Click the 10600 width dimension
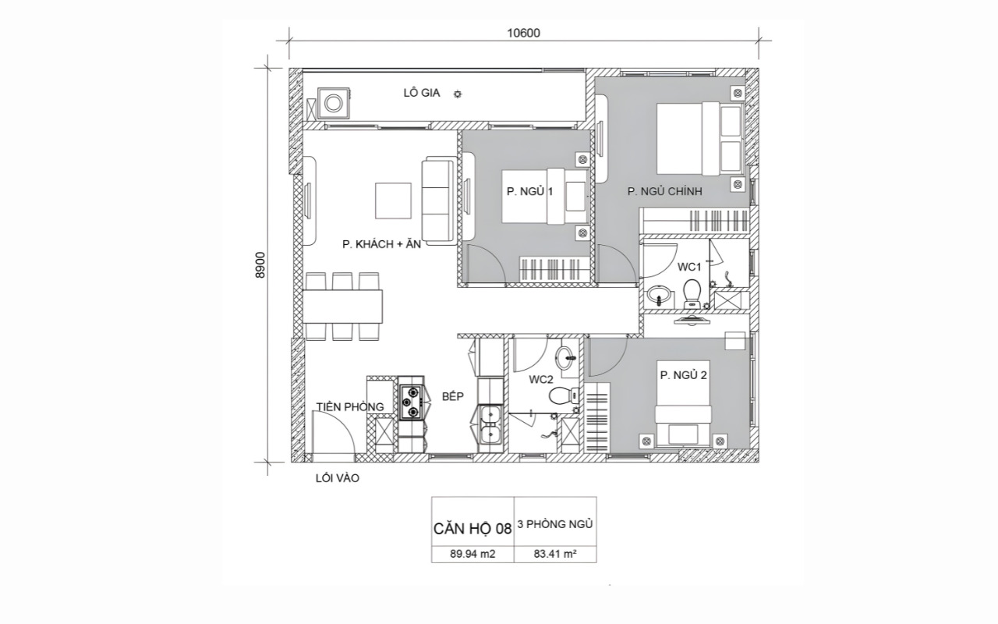point(523,34)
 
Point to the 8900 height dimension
point(260,264)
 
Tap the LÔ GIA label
point(422,93)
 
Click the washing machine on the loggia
point(333,104)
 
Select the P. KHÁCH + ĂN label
point(382,244)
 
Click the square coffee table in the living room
point(393,200)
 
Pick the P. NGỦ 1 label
point(529,191)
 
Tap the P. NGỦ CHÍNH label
point(665,191)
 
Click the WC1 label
point(689,267)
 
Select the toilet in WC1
point(692,293)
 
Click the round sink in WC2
point(566,358)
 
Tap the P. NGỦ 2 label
point(683,375)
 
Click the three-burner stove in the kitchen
point(411,403)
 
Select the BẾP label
point(453,396)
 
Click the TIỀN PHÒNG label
point(350,406)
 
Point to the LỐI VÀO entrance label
point(338,478)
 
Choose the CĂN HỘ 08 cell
point(472,529)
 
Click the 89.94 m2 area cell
point(472,554)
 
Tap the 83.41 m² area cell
point(555,554)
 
